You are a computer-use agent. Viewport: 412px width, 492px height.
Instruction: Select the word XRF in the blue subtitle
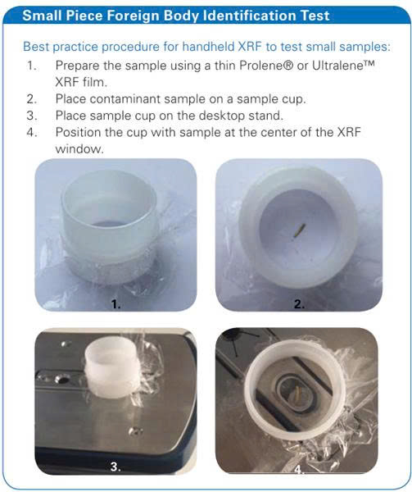(250, 47)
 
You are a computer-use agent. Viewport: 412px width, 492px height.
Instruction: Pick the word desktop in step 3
(222, 116)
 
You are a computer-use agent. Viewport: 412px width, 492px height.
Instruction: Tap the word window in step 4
(79, 148)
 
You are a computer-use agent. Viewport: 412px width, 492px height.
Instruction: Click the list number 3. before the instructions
(32, 116)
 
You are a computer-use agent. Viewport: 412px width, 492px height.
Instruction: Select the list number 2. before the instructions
(32, 99)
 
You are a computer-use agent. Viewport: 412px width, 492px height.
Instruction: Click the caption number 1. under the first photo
(116, 303)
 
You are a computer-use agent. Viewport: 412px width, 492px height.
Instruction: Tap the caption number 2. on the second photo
(299, 303)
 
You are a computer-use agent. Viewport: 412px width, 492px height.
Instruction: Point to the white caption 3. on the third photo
(115, 467)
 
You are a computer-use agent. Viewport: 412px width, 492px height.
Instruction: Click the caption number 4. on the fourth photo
(299, 469)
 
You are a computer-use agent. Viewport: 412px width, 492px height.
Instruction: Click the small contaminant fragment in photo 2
(298, 231)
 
